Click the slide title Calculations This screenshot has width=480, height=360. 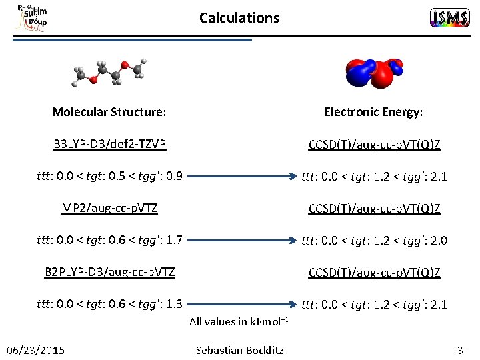239,18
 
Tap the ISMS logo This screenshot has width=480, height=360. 449,18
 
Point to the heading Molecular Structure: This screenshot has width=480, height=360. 109,112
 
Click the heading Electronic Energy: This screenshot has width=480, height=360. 373,112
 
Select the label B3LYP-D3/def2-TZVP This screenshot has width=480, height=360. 110,144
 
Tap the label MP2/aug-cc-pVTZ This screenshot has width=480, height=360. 109,208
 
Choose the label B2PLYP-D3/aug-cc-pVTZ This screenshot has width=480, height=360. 110,272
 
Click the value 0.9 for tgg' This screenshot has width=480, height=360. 174,177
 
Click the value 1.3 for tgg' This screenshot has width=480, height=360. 174,305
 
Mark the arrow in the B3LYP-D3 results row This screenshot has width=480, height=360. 241,177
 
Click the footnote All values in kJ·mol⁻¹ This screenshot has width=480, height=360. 239,321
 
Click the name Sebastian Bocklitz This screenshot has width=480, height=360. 240,350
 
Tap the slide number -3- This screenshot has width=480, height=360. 459,350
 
